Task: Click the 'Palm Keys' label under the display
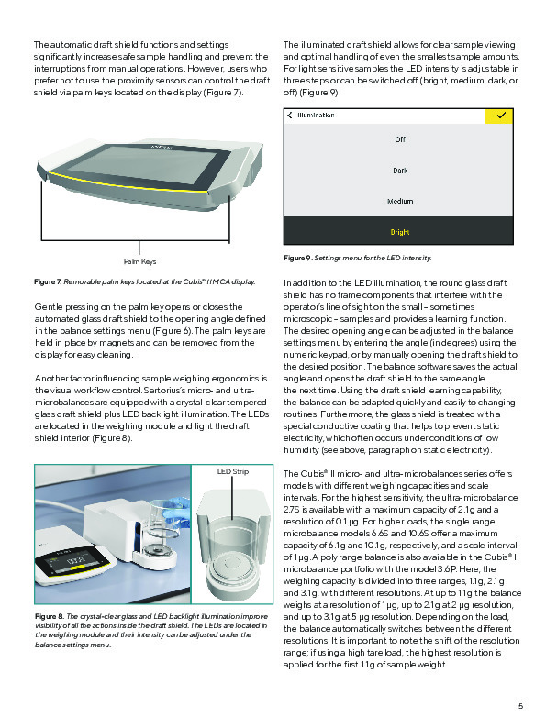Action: [139, 261]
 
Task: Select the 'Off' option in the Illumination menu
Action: [400, 139]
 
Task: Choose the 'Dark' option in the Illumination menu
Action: [400, 171]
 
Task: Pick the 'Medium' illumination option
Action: [400, 201]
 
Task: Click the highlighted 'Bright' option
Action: [400, 232]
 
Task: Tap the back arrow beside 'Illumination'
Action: [291, 116]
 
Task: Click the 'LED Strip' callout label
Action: [233, 472]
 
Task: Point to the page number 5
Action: [519, 705]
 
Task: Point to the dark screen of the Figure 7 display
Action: [128, 171]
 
